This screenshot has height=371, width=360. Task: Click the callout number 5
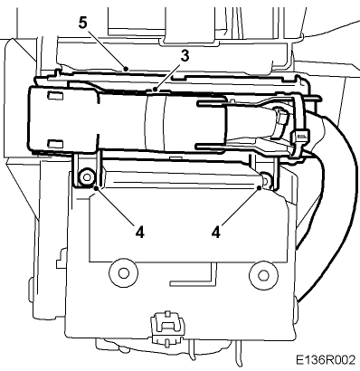[83, 23]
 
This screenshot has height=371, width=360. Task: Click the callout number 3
[185, 56]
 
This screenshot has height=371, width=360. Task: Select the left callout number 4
[140, 232]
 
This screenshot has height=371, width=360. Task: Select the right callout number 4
[216, 232]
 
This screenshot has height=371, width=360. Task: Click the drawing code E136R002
[326, 360]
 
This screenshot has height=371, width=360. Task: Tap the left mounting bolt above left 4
[87, 177]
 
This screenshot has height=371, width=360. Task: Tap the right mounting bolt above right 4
[266, 180]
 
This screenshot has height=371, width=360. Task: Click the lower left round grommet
[123, 273]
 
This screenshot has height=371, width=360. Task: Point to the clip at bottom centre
[166, 328]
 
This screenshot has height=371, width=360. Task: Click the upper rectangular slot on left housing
[54, 95]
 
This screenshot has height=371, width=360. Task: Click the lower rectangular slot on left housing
[55, 143]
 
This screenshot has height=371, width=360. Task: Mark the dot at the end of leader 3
[155, 89]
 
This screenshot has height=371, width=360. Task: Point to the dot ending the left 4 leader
[97, 189]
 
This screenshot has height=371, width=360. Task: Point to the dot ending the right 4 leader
[259, 188]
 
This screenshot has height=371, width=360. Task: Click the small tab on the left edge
[62, 260]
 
